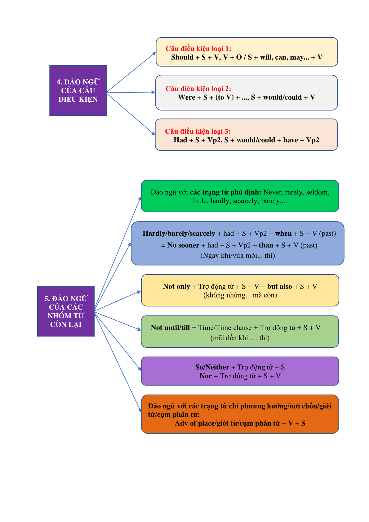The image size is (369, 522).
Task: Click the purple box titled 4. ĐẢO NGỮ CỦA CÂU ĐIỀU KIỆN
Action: (78, 91)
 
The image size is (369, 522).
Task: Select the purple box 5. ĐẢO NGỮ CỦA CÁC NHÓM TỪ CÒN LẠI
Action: (66, 311)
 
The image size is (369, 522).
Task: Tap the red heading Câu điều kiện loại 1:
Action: (198, 49)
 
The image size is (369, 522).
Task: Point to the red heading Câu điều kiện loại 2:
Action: (198, 89)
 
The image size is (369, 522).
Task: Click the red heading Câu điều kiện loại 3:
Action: (198, 132)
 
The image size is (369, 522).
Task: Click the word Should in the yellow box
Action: (182, 57)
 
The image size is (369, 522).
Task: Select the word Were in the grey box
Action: (187, 97)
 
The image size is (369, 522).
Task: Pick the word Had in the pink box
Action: (180, 140)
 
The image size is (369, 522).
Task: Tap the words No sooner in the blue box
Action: (183, 245)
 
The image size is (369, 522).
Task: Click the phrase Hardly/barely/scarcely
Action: (179, 234)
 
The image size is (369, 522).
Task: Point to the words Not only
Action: (176, 286)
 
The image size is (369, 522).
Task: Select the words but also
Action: (279, 286)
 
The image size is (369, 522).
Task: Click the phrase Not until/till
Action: (170, 328)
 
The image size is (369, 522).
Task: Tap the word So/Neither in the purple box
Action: (212, 367)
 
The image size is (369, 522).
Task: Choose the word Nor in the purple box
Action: (206, 376)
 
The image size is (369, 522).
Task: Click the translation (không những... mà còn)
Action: (240, 295)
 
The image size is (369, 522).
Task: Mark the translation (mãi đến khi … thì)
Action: (240, 338)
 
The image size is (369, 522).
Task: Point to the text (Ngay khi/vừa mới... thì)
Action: (238, 256)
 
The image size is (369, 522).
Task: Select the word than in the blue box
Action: (266, 245)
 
